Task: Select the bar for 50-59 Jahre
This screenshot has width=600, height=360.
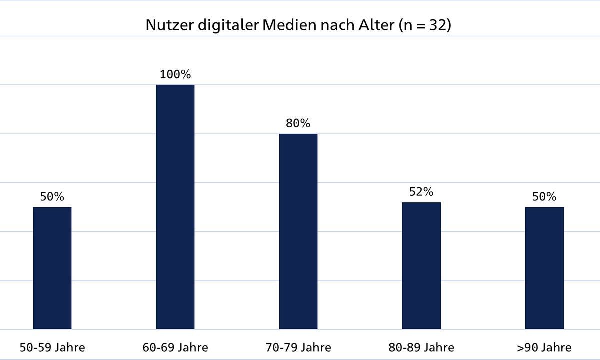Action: tap(52, 268)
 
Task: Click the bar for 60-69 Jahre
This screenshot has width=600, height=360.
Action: tap(175, 207)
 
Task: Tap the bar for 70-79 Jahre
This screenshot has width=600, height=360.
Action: tap(298, 231)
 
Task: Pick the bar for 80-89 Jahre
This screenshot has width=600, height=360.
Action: tap(421, 265)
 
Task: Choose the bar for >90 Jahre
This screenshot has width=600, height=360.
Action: tap(544, 268)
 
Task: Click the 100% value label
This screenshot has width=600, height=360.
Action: tap(175, 75)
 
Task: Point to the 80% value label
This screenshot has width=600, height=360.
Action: tap(298, 123)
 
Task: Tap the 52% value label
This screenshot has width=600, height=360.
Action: tap(421, 192)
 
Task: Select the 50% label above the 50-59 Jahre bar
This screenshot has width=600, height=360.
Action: tap(52, 197)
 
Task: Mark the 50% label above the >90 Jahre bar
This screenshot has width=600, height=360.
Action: tap(544, 197)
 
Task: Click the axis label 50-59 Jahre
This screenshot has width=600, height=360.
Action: tap(52, 347)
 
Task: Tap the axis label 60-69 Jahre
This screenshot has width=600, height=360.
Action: tap(175, 347)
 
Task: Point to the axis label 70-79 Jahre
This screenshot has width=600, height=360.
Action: tap(298, 347)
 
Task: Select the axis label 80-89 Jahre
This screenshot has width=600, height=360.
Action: tap(421, 347)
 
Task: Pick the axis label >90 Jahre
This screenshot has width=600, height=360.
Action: tap(544, 347)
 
